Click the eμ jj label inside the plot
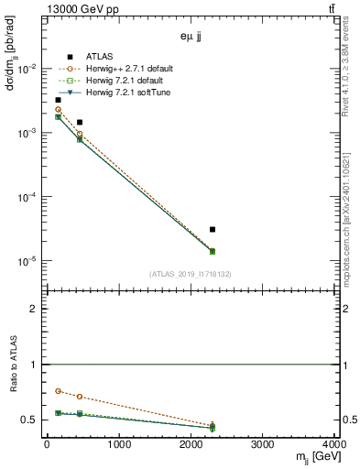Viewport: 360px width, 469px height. pos(191,39)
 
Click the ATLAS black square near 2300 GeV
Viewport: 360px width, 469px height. pos(213,229)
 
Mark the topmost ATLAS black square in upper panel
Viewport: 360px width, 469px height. pos(58,100)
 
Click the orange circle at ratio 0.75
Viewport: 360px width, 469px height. pos(58,391)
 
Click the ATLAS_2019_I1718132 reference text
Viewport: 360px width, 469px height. pos(191,273)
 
